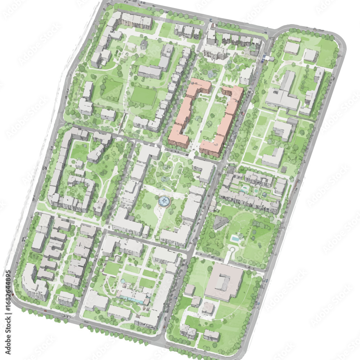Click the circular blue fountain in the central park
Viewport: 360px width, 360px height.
pyautogui.click(x=165, y=201)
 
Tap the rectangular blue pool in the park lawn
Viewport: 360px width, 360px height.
pyautogui.click(x=235, y=238)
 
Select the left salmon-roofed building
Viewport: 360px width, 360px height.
pyautogui.click(x=187, y=113)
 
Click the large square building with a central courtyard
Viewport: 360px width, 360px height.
pyautogui.click(x=224, y=281)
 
